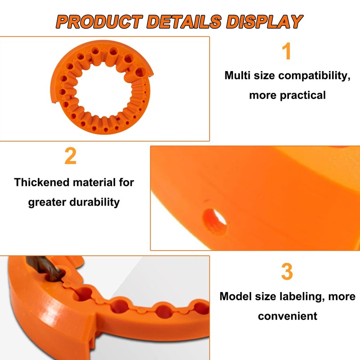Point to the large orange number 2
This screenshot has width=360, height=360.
pos(71,157)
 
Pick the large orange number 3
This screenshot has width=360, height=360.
pos(287,272)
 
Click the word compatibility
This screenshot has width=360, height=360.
pos(315,76)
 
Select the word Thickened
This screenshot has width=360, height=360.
pos(42,182)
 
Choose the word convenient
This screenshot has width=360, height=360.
pos(288,316)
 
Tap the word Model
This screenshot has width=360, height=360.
pos(235,297)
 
